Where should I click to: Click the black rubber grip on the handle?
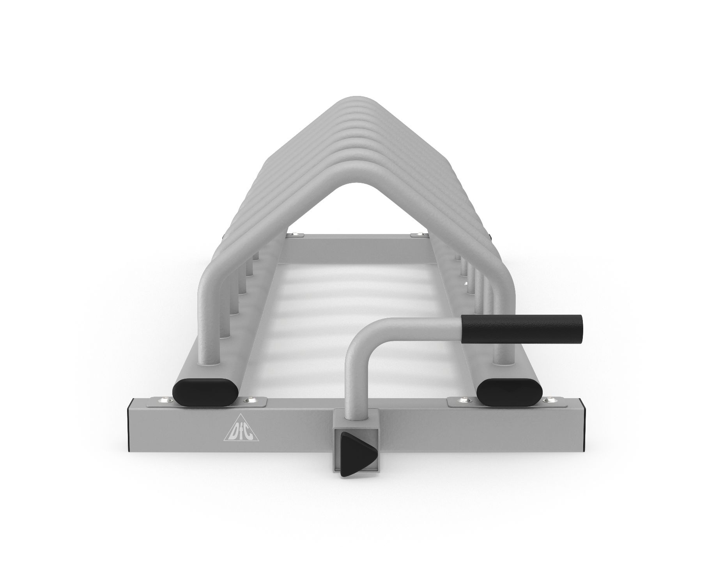[521, 329]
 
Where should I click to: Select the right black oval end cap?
[509, 391]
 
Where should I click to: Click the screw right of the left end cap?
[247, 400]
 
